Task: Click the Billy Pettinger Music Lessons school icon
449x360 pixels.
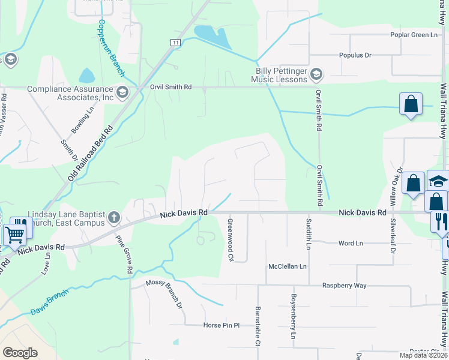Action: tap(317, 74)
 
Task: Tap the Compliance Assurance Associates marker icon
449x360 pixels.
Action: tap(122, 92)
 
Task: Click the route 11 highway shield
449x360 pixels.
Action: tap(175, 43)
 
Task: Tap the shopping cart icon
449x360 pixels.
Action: tap(15, 233)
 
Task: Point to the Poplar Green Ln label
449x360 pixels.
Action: tap(414, 35)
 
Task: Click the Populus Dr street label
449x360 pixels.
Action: tap(355, 55)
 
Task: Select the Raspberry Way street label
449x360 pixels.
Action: tap(344, 286)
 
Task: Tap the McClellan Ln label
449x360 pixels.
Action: tap(288, 266)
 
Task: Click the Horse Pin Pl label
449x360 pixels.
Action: tap(221, 325)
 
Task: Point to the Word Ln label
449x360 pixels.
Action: tap(351, 243)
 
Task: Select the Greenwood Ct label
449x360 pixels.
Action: tap(230, 239)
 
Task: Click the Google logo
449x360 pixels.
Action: tap(20, 353)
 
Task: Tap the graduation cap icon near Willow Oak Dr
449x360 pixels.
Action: tap(438, 181)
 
